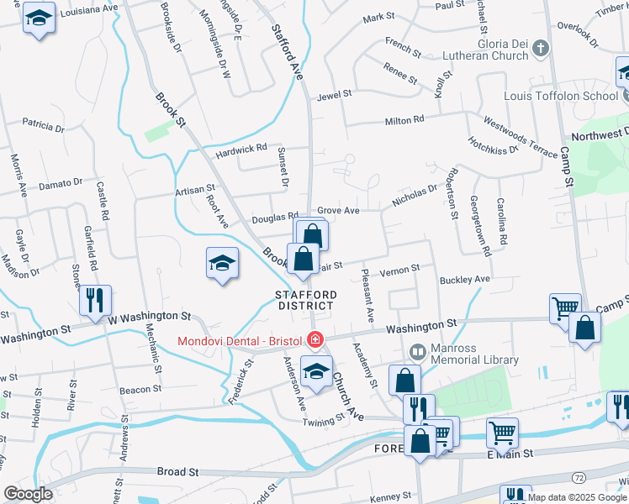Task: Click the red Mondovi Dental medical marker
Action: tap(314, 340)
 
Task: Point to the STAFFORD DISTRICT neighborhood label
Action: tap(307, 300)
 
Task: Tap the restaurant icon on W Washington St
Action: tap(94, 301)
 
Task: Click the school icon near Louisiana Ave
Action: tap(38, 19)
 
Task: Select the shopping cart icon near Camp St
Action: tap(565, 308)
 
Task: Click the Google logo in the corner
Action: tap(28, 494)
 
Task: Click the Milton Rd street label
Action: tap(404, 121)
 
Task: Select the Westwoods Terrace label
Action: tap(520, 137)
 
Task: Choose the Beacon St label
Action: tap(140, 389)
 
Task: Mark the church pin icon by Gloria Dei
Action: tap(541, 49)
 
